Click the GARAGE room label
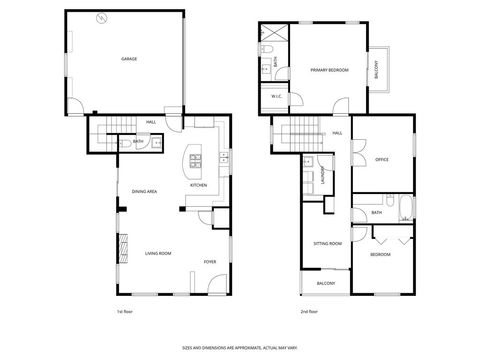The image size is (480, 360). pos(129,60)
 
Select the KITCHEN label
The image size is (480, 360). pos(198,185)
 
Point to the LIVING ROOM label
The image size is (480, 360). pos(157,254)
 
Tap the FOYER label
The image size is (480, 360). pos(210,261)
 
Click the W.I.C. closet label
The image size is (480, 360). pos(276,96)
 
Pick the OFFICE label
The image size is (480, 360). pos(381,160)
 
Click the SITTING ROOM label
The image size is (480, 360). pos(327,243)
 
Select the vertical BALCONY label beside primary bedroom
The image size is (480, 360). pos(377,70)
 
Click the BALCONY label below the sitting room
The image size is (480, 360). pos(326,283)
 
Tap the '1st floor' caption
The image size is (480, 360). pos(125,312)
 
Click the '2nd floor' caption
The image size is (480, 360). pos(311,312)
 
